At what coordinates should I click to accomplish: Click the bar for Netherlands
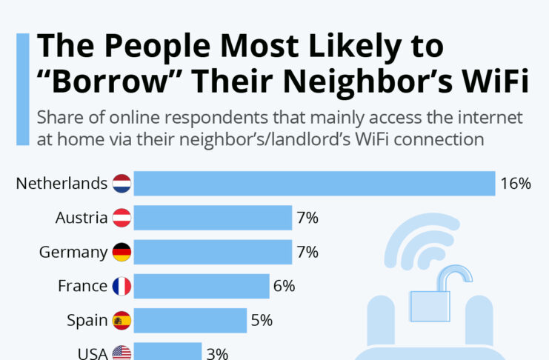[314, 184]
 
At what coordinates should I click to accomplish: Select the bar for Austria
[213, 218]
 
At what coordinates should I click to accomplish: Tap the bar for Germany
[213, 252]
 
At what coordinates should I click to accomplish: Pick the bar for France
[202, 286]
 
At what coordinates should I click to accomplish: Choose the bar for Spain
[190, 320]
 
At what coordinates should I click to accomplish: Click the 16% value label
[515, 184]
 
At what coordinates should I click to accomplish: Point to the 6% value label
[284, 286]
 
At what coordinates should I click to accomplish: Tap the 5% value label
[262, 320]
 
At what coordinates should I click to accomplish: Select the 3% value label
[216, 353]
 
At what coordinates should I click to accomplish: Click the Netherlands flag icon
[122, 184]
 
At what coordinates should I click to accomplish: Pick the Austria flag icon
[122, 218]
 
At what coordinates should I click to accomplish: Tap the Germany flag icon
[122, 252]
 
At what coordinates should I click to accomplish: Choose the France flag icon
[122, 286]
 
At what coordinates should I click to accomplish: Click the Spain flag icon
[122, 320]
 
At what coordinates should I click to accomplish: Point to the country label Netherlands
[62, 184]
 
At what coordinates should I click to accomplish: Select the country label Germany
[73, 252]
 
